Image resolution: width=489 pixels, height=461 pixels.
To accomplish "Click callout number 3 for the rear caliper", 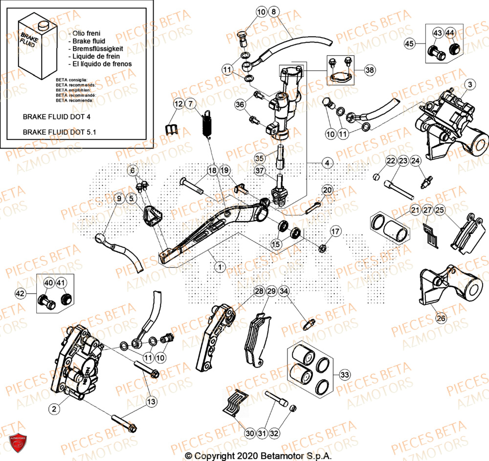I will pyautogui.click(x=469, y=85).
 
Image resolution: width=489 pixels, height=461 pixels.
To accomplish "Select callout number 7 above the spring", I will pyautogui.click(x=190, y=104).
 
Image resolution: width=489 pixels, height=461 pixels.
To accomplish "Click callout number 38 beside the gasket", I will pyautogui.click(x=370, y=70).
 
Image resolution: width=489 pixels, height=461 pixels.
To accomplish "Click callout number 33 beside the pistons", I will pyautogui.click(x=345, y=375).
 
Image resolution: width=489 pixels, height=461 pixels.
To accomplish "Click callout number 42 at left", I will pyautogui.click(x=20, y=294).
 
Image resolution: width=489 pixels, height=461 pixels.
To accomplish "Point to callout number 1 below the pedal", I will pyautogui.click(x=221, y=266).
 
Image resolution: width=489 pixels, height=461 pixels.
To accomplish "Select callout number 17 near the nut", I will pyautogui.click(x=335, y=231).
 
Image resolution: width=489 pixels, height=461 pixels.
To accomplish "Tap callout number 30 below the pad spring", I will pyautogui.click(x=249, y=433).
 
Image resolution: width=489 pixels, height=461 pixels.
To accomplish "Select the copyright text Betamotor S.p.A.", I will pyautogui.click(x=258, y=456).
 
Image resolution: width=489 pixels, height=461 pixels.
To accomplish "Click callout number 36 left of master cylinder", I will pyautogui.click(x=240, y=104).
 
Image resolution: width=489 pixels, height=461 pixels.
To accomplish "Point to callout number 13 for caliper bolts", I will pyautogui.click(x=152, y=401).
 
